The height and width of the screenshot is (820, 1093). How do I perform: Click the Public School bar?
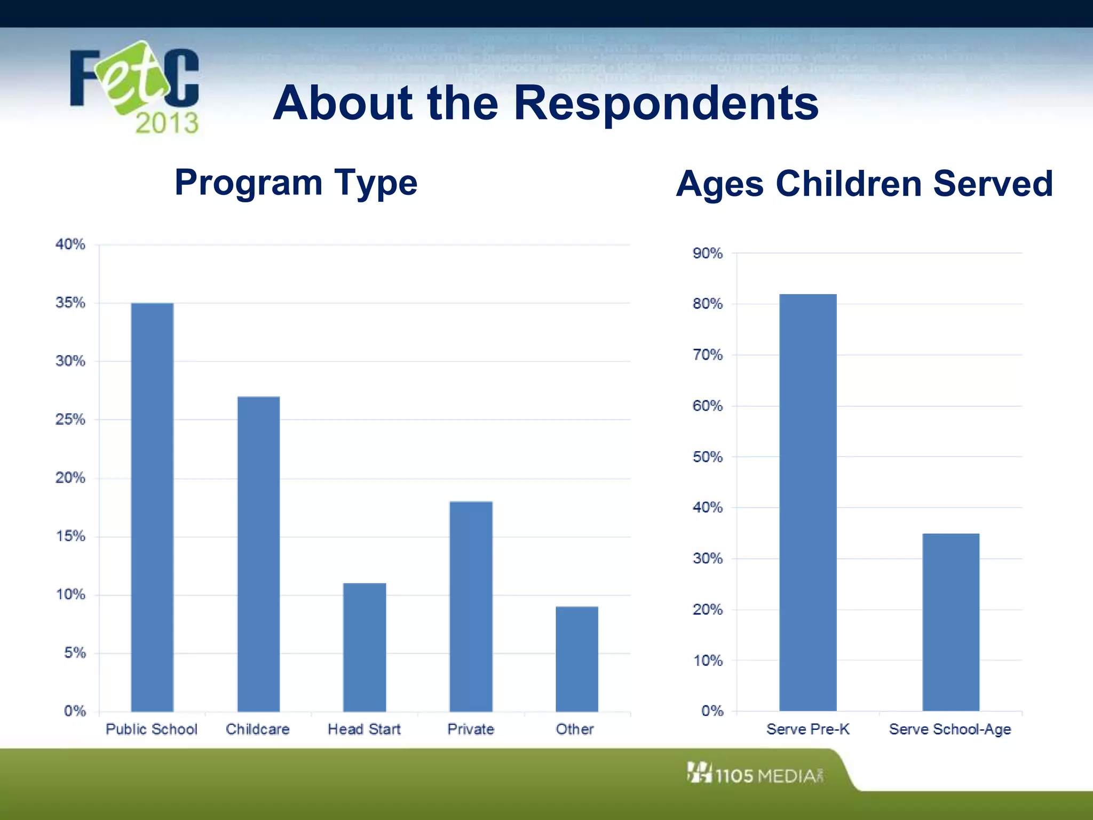click(152, 507)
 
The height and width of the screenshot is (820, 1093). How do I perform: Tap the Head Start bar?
click(365, 647)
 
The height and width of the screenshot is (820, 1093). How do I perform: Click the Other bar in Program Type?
click(576, 659)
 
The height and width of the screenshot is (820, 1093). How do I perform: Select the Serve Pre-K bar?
click(807, 502)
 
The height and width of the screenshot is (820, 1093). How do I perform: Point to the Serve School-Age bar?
click(951, 622)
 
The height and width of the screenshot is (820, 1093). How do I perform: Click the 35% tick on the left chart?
click(70, 303)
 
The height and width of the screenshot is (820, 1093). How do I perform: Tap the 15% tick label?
click(70, 536)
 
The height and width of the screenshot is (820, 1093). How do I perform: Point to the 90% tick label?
click(707, 253)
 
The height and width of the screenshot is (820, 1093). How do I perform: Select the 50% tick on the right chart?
click(707, 457)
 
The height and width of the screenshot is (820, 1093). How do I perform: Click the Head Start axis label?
click(364, 729)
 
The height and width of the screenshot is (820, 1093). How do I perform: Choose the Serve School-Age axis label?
click(950, 729)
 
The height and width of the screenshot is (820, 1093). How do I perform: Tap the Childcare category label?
click(258, 729)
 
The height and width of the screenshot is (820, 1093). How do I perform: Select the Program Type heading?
click(296, 183)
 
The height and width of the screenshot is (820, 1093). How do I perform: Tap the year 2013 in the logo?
click(167, 123)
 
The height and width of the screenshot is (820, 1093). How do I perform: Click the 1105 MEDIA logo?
click(755, 774)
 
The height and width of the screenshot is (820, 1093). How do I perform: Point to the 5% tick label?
click(75, 653)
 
